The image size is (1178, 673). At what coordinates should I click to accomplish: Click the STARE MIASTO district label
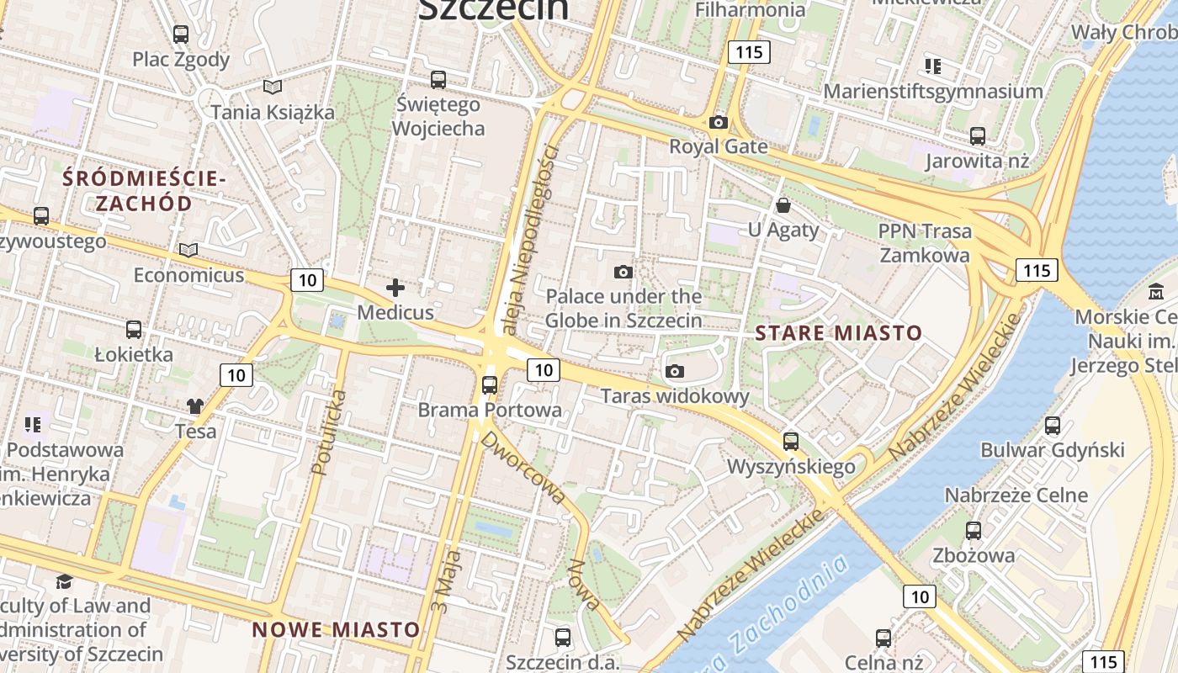coord(838,332)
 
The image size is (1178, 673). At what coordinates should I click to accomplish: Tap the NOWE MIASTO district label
coord(336,629)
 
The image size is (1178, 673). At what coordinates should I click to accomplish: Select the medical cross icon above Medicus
coord(395,288)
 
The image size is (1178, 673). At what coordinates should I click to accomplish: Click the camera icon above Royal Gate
coord(718,122)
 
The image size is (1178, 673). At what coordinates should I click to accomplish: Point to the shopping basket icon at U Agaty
coord(783,205)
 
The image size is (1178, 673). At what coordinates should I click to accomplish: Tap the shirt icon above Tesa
coord(195,406)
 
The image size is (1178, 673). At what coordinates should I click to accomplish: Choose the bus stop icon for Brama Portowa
coord(490,385)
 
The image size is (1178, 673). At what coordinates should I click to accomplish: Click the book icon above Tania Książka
coord(272,87)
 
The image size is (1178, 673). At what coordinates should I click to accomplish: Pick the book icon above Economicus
coord(188,250)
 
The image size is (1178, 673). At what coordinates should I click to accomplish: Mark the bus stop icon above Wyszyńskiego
coord(791,441)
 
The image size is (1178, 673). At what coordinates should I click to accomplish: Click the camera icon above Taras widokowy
coord(674,371)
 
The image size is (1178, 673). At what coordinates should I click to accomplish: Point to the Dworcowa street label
coord(523,468)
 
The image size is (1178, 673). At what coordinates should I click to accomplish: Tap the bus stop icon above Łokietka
coord(134,330)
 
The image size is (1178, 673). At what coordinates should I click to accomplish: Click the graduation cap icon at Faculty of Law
coord(64,581)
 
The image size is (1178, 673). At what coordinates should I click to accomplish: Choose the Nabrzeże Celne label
coord(1016,495)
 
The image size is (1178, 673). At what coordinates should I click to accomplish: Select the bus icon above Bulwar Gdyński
coord(1052,426)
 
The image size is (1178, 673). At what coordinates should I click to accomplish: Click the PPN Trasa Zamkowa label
coord(924,242)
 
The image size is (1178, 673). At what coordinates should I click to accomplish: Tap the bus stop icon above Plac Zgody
coord(181,34)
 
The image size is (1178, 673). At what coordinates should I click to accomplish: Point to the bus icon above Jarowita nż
coord(977,135)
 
